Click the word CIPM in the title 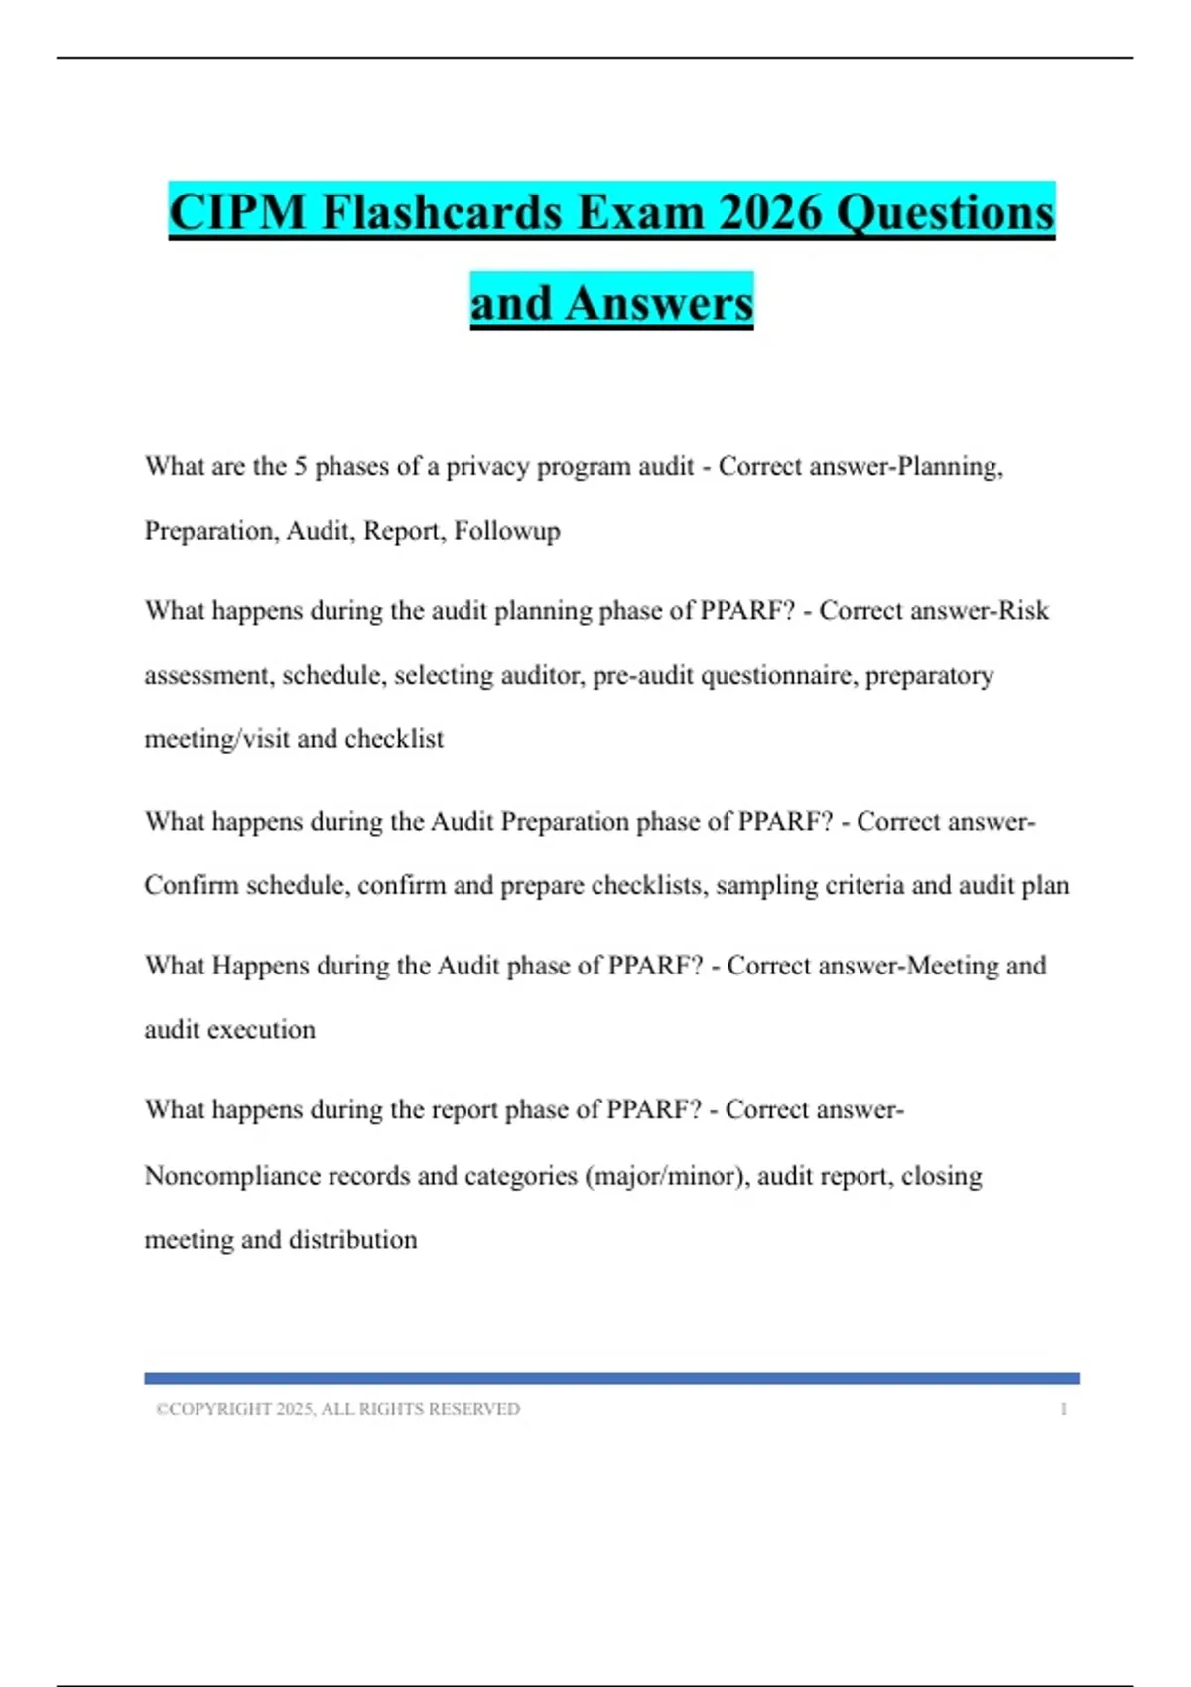point(237,212)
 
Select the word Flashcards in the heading point(441,212)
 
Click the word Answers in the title point(659,303)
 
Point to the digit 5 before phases point(300,466)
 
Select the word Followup point(507,531)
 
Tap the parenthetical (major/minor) point(667,1176)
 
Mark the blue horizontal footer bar point(611,1378)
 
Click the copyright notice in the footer point(337,1409)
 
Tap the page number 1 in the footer point(1063,1409)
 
